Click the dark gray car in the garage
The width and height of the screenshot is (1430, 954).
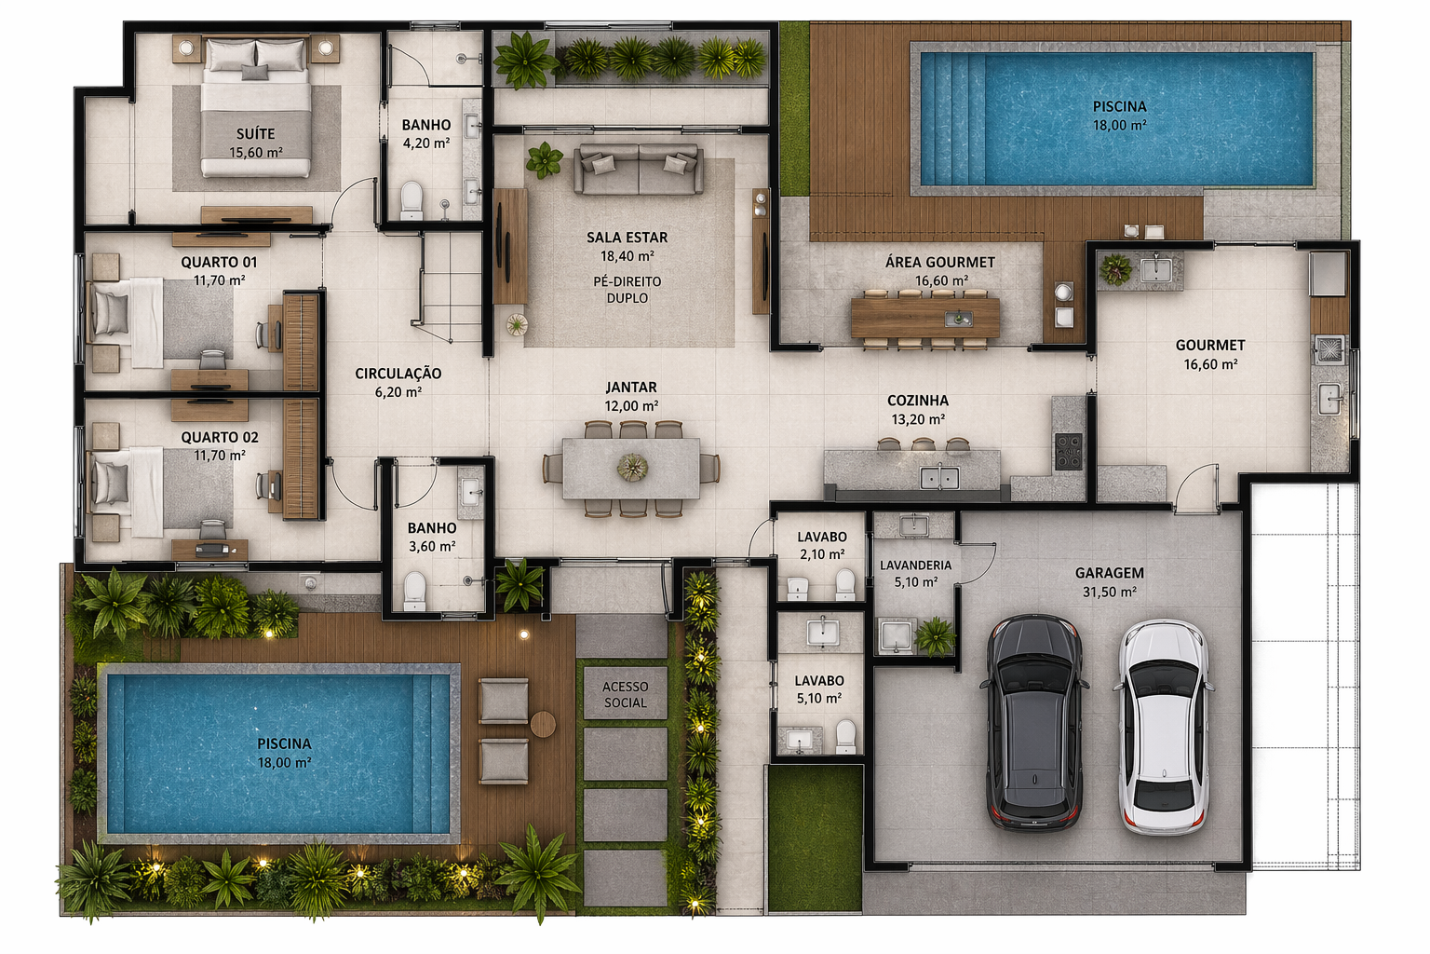1034,722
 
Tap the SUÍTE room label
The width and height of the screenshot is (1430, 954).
255,133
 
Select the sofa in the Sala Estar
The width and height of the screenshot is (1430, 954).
639,169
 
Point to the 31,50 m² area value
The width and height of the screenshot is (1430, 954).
1109,593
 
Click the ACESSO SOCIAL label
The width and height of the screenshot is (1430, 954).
625,695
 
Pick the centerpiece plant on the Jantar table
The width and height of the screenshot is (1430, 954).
633,467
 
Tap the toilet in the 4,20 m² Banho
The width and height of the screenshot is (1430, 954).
411,200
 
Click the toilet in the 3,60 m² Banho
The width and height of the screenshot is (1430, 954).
415,591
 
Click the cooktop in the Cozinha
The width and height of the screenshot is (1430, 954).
1068,451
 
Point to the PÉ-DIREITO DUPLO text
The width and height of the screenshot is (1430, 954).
627,290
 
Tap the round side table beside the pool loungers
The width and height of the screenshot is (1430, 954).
543,725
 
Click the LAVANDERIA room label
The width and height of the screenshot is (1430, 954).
915,566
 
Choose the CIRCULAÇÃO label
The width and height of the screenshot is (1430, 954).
398,374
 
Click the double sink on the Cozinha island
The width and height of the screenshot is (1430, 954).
939,478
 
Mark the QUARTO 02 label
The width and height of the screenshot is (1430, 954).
220,438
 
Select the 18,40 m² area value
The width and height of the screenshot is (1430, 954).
627,256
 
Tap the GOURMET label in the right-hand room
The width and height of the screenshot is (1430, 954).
1209,346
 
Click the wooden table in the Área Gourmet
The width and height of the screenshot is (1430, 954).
925,319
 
